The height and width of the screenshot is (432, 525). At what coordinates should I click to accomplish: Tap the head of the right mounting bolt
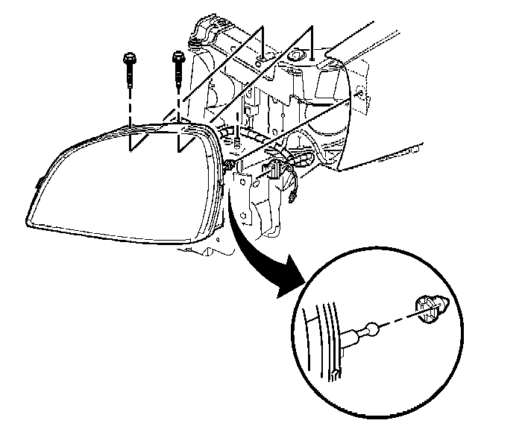[178, 56]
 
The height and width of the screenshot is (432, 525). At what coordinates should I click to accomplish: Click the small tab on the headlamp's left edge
[37, 180]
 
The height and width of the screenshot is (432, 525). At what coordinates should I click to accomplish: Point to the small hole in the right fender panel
[362, 95]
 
